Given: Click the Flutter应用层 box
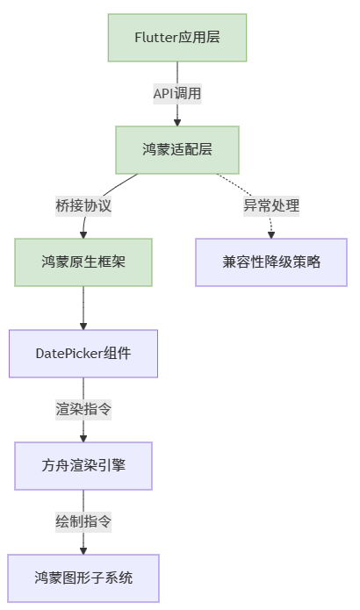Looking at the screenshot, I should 177,37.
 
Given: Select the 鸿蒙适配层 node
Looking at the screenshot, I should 177,149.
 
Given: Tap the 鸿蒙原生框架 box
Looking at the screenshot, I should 83,262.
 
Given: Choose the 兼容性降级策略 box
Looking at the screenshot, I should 271,262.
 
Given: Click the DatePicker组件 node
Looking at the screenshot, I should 83,354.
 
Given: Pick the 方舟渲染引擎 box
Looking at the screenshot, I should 83,465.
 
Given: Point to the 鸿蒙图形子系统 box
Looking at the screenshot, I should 83,578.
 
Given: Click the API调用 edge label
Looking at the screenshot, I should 177,93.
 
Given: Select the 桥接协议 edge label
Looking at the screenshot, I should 83,205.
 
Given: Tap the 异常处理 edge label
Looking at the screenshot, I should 271,205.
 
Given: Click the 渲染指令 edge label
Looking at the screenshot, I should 83,409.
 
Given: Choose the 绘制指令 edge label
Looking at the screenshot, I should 83,521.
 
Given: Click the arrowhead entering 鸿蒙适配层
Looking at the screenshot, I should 177,121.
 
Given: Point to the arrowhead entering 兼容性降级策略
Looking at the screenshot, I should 271,233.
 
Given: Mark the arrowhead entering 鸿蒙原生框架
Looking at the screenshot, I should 83,233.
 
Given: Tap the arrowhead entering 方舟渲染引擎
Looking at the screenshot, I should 83,437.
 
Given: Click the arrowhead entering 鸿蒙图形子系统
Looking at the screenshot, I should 83,549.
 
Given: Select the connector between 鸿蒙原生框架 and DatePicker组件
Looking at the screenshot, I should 83,307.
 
